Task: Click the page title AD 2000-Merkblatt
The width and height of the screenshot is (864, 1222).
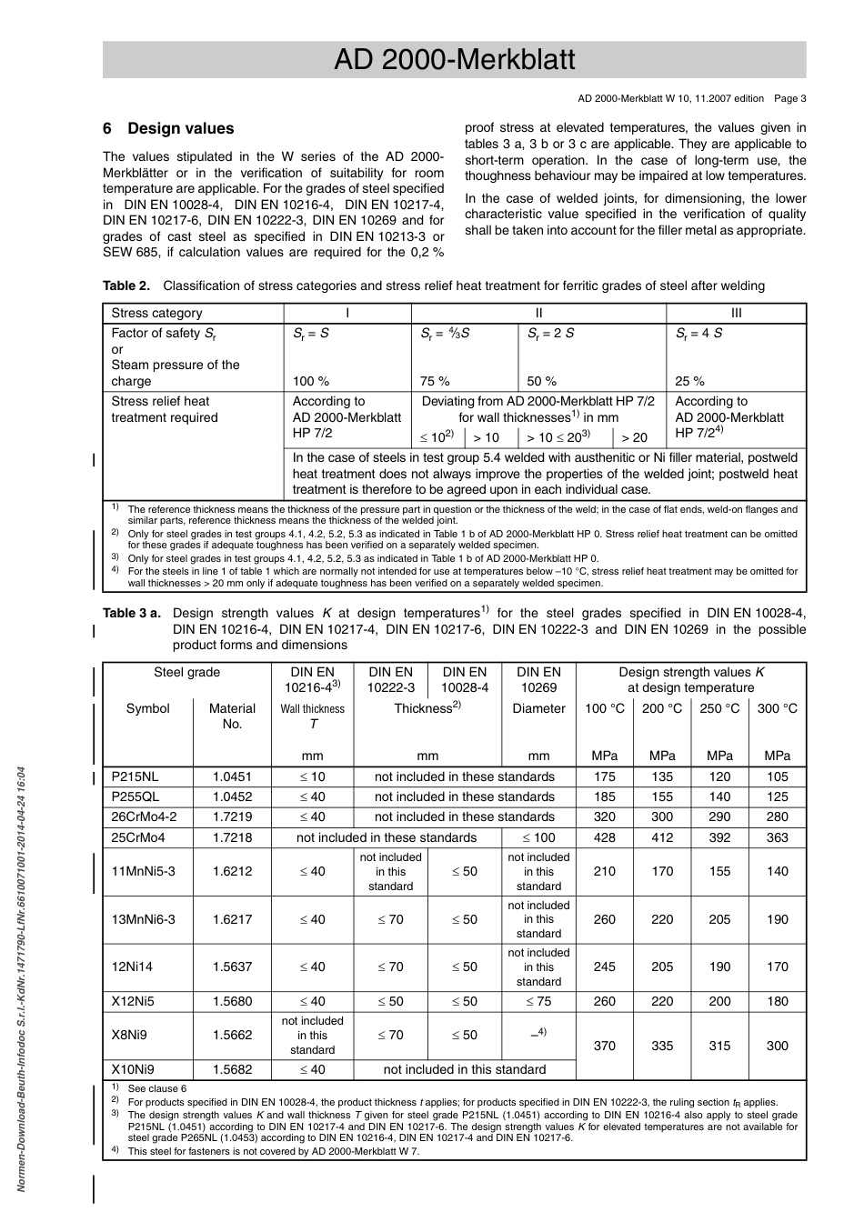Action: (x=454, y=60)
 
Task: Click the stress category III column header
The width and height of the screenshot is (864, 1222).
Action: (x=736, y=313)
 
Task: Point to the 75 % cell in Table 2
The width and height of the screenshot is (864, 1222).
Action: (x=435, y=381)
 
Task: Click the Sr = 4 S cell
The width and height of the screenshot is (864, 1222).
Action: (x=698, y=334)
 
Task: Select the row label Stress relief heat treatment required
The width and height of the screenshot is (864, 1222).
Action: (x=165, y=409)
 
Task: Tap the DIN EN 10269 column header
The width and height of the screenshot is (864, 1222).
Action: (x=538, y=680)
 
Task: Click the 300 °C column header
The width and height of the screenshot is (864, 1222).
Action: (x=777, y=708)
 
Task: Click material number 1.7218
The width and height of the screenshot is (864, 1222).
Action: (x=232, y=837)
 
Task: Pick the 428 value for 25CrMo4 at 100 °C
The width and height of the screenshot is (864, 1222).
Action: (x=604, y=837)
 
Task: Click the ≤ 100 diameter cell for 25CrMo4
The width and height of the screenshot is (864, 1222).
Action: (x=538, y=837)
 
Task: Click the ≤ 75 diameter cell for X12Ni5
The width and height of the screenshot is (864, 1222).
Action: (x=538, y=1002)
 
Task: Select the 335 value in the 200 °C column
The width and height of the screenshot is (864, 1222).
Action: (x=662, y=1046)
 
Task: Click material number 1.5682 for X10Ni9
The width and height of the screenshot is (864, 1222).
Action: (x=232, y=1070)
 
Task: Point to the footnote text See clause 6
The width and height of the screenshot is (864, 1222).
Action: (x=157, y=1088)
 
